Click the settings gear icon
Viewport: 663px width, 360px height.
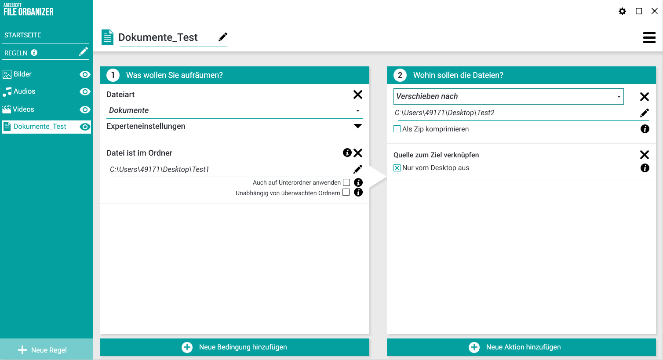click(x=622, y=11)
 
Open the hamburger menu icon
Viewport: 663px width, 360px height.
click(x=649, y=37)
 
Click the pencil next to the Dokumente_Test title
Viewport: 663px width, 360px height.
click(x=223, y=37)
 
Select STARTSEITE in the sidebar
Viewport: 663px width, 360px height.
click(x=23, y=35)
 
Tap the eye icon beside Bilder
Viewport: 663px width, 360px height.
click(x=85, y=75)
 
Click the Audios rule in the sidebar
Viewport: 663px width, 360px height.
click(x=24, y=91)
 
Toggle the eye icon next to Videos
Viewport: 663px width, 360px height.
click(x=85, y=110)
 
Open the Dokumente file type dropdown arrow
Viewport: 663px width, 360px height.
click(x=357, y=111)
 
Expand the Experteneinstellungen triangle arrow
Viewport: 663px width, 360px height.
click(x=357, y=126)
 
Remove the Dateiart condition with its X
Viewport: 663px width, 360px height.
click(x=357, y=95)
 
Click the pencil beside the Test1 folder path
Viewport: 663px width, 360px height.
click(x=357, y=169)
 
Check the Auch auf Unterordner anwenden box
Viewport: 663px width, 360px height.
click(x=346, y=182)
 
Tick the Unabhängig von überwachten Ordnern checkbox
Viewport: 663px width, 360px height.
click(x=346, y=192)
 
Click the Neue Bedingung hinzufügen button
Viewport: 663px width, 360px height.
click(x=234, y=347)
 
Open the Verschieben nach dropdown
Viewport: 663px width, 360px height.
click(x=508, y=96)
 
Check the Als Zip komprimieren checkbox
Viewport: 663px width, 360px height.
click(x=397, y=129)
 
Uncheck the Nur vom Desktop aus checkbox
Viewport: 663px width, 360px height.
click(x=397, y=168)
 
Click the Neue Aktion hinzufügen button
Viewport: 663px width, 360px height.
click(x=521, y=347)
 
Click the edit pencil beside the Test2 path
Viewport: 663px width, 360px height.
click(x=645, y=113)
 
